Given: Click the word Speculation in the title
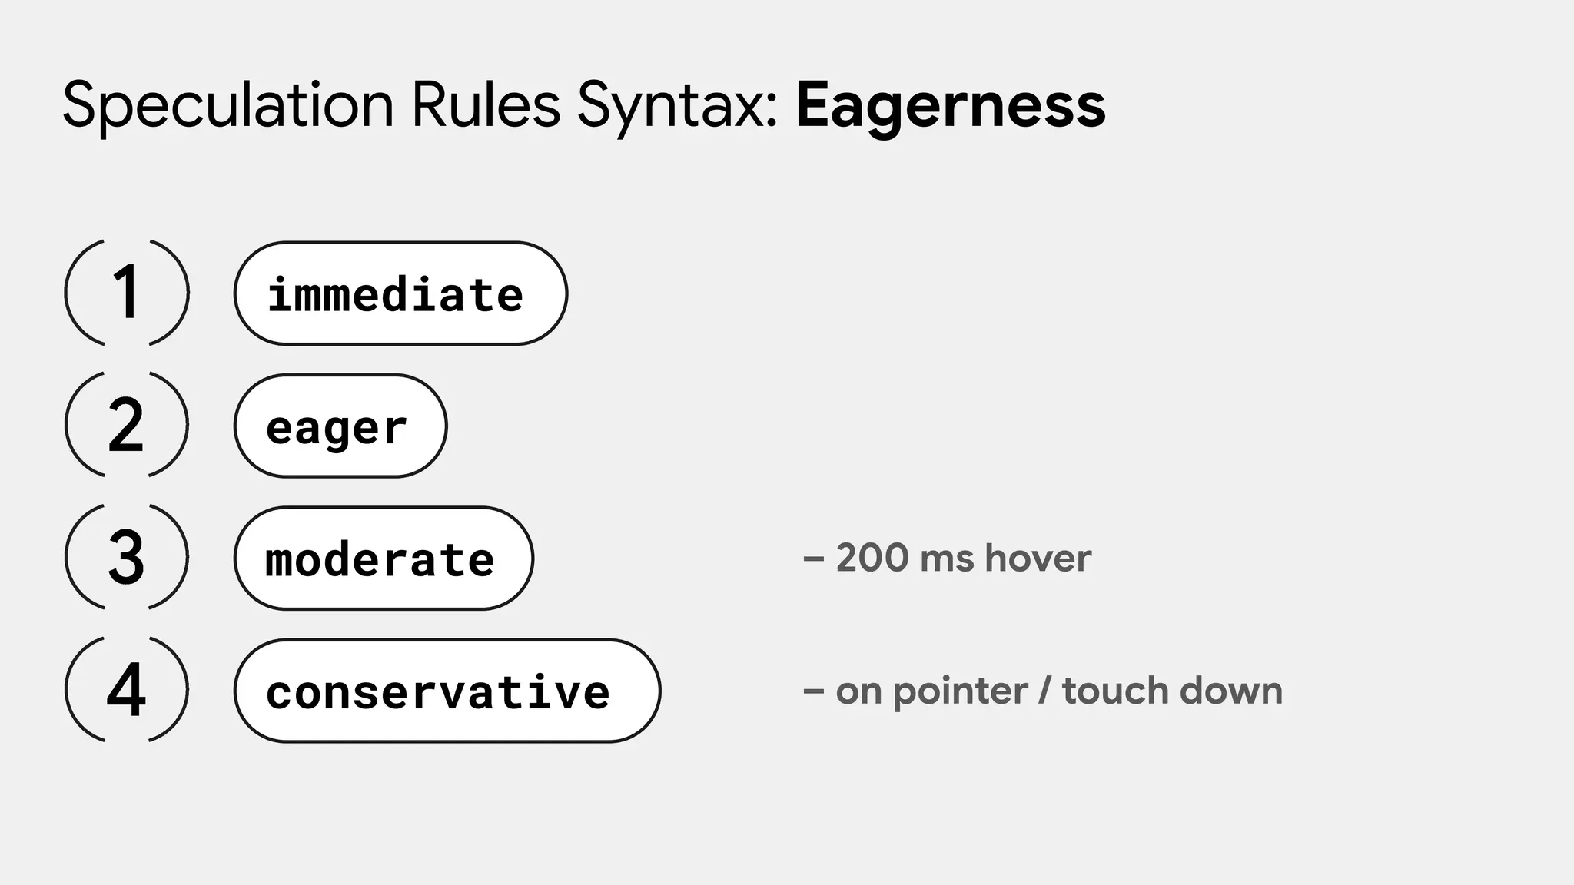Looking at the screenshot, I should click(227, 105).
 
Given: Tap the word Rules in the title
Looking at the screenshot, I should click(486, 105).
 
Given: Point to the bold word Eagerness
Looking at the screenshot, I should click(951, 105).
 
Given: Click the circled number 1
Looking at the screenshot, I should click(127, 292).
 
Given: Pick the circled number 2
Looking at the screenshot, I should click(127, 425).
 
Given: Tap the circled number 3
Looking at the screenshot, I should click(127, 557).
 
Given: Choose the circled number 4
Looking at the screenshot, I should click(127, 689).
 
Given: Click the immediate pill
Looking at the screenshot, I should click(400, 293).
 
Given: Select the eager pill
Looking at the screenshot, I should click(340, 426).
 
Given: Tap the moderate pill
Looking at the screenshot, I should click(383, 559).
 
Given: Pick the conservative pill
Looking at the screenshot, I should click(447, 691).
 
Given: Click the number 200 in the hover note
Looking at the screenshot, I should click(872, 558).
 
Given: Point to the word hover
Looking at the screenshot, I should click(1038, 558).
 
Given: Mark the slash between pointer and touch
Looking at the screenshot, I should click(1044, 691).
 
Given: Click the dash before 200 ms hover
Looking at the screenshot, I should click(813, 559).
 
